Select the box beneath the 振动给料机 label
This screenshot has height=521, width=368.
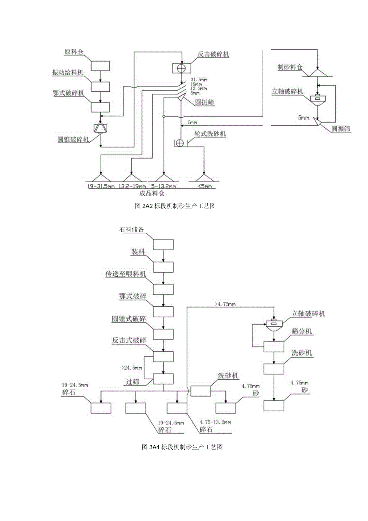pyautogui.click(x=100, y=86)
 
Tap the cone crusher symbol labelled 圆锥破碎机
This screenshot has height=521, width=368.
pyautogui.click(x=100, y=128)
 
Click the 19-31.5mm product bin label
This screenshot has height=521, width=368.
pyautogui.click(x=100, y=186)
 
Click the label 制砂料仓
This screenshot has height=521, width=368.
pyautogui.click(x=291, y=66)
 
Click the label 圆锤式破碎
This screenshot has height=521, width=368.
pyautogui.click(x=129, y=319)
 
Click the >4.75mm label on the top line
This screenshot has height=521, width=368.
pyautogui.click(x=224, y=305)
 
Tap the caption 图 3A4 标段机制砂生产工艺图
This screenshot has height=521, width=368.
pyautogui.click(x=182, y=447)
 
